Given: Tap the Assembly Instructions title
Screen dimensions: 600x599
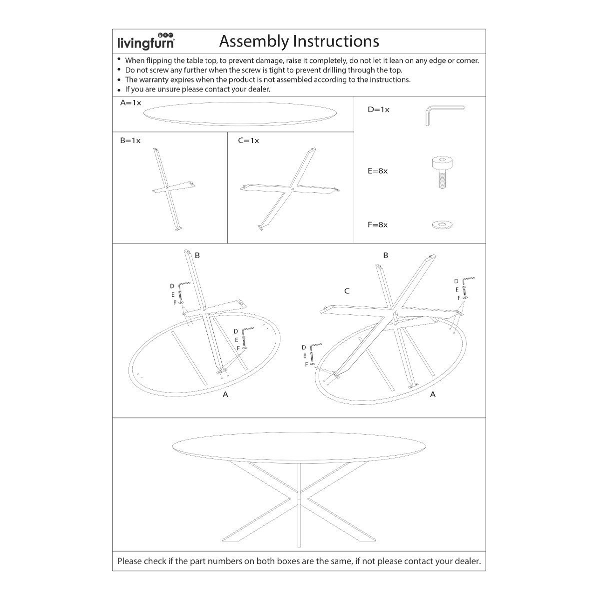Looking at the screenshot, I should click(x=299, y=41).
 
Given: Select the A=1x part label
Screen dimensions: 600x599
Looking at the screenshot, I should click(x=131, y=103).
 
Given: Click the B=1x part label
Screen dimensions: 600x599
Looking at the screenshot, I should click(x=130, y=140).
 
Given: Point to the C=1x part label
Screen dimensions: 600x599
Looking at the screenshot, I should click(x=248, y=140).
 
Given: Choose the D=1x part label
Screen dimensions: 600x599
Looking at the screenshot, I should click(x=378, y=109).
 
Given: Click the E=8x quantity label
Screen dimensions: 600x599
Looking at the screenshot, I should click(x=378, y=171).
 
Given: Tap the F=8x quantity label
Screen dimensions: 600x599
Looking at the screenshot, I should click(x=378, y=225).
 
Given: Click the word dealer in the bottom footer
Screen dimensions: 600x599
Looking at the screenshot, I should click(x=466, y=561).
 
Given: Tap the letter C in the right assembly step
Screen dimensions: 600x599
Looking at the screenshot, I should click(x=347, y=291).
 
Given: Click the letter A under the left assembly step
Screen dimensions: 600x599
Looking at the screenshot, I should click(x=225, y=394).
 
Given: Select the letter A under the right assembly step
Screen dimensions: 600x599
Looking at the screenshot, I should click(x=433, y=394).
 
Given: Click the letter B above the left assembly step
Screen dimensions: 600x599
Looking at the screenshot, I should click(x=197, y=255).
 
